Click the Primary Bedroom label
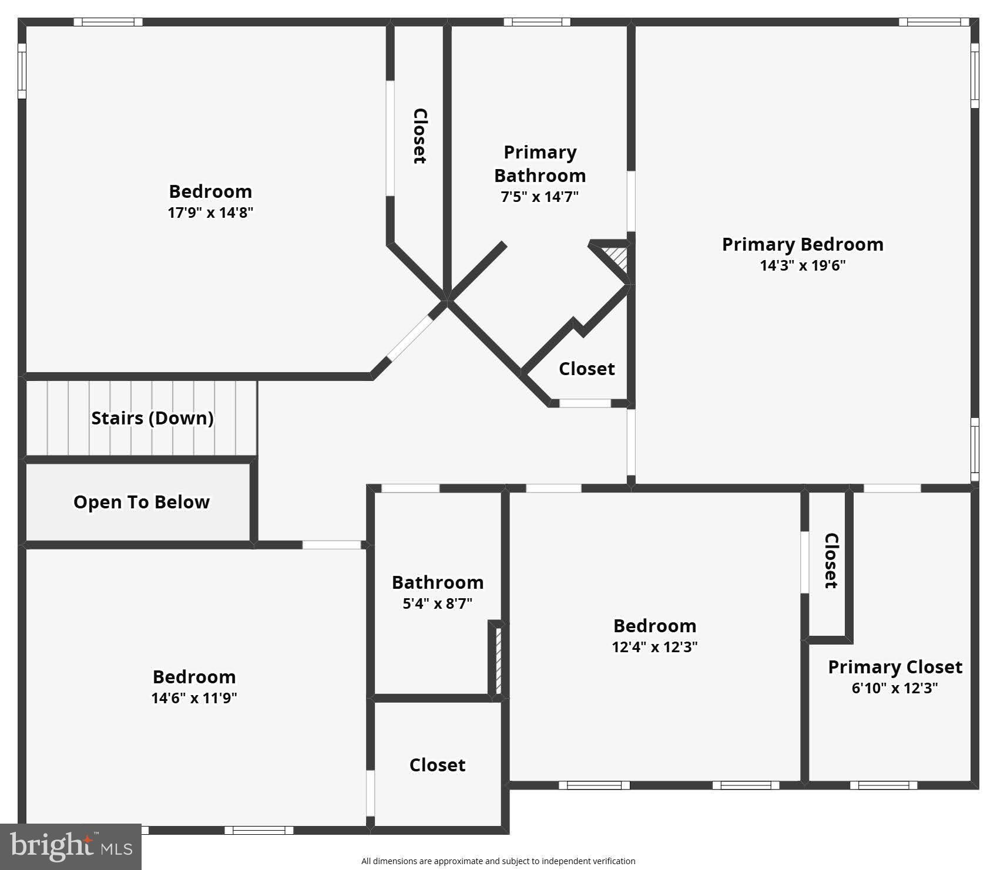802,244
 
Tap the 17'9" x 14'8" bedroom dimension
210,213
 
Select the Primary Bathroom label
539,164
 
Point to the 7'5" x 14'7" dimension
539,197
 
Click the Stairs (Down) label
152,418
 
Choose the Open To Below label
141,502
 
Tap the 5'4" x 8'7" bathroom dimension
437,603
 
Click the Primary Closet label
895,667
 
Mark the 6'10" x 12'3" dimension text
895,688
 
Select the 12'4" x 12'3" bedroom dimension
654,647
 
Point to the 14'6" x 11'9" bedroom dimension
194,698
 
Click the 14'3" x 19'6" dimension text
802,265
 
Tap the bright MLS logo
71,847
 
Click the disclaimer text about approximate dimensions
498,861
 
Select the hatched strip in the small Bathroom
498,660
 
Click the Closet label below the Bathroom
437,765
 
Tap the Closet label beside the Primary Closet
830,561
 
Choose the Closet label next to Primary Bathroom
419,136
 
